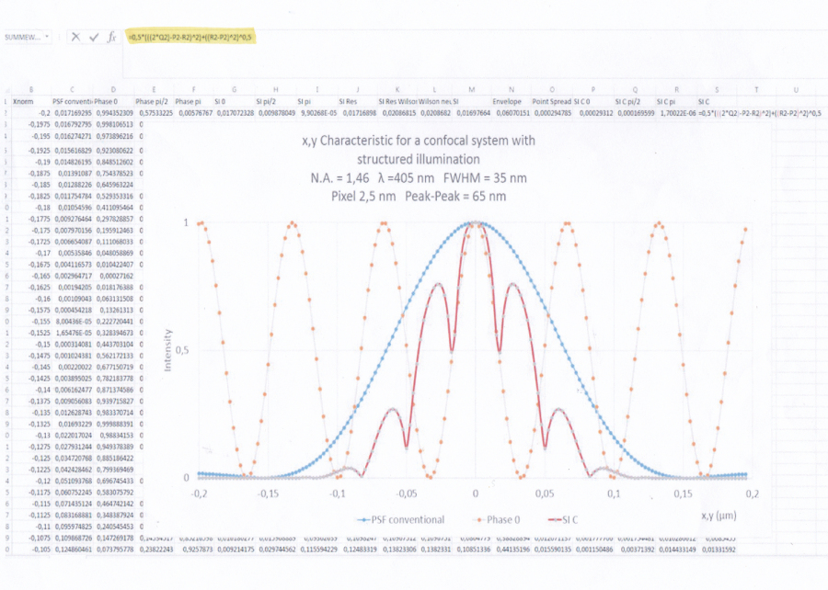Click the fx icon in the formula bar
(112, 37)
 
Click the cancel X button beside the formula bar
(76, 37)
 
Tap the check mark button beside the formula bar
(94, 37)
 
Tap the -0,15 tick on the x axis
(267, 494)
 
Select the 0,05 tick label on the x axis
(544, 494)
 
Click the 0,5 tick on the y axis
(184, 350)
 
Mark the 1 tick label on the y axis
(187, 223)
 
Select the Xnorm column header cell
(25, 100)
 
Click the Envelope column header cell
(507, 100)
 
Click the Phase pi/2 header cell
(152, 100)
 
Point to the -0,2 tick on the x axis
(198, 494)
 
